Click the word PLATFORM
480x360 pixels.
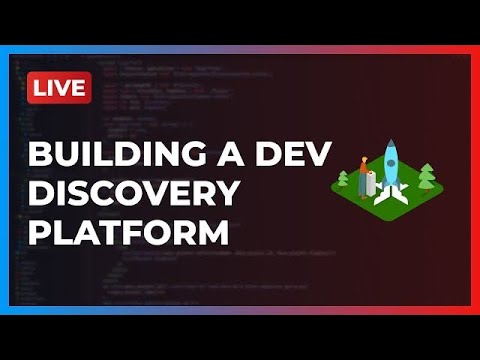pyautogui.click(x=129, y=233)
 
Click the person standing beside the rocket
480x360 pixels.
pyautogui.click(x=364, y=172)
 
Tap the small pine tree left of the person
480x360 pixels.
pyautogui.click(x=343, y=180)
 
